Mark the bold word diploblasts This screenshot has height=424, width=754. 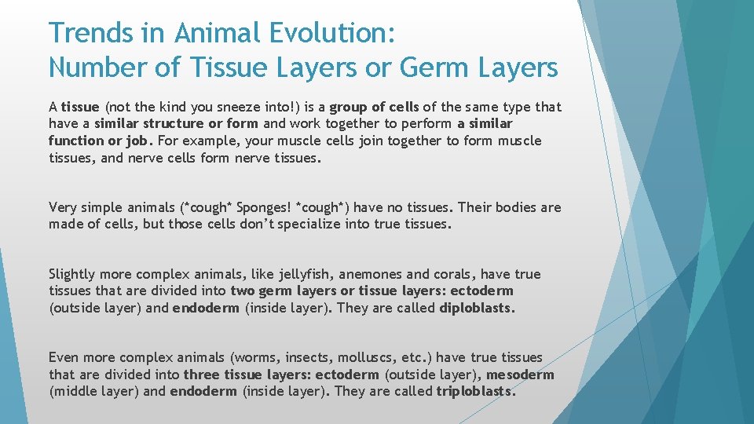tap(477, 308)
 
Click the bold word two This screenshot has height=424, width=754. tap(243, 291)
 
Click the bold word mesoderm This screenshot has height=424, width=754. tap(520, 375)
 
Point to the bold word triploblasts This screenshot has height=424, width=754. tap(476, 391)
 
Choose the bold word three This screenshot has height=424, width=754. tap(202, 375)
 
